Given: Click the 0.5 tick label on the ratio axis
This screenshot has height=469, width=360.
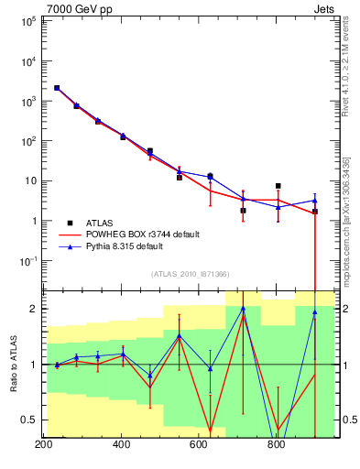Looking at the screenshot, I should click(x=27, y=420).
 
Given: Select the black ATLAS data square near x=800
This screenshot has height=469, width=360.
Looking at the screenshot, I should click(x=278, y=186).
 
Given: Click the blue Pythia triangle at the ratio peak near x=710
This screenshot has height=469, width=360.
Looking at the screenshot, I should click(x=243, y=309).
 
